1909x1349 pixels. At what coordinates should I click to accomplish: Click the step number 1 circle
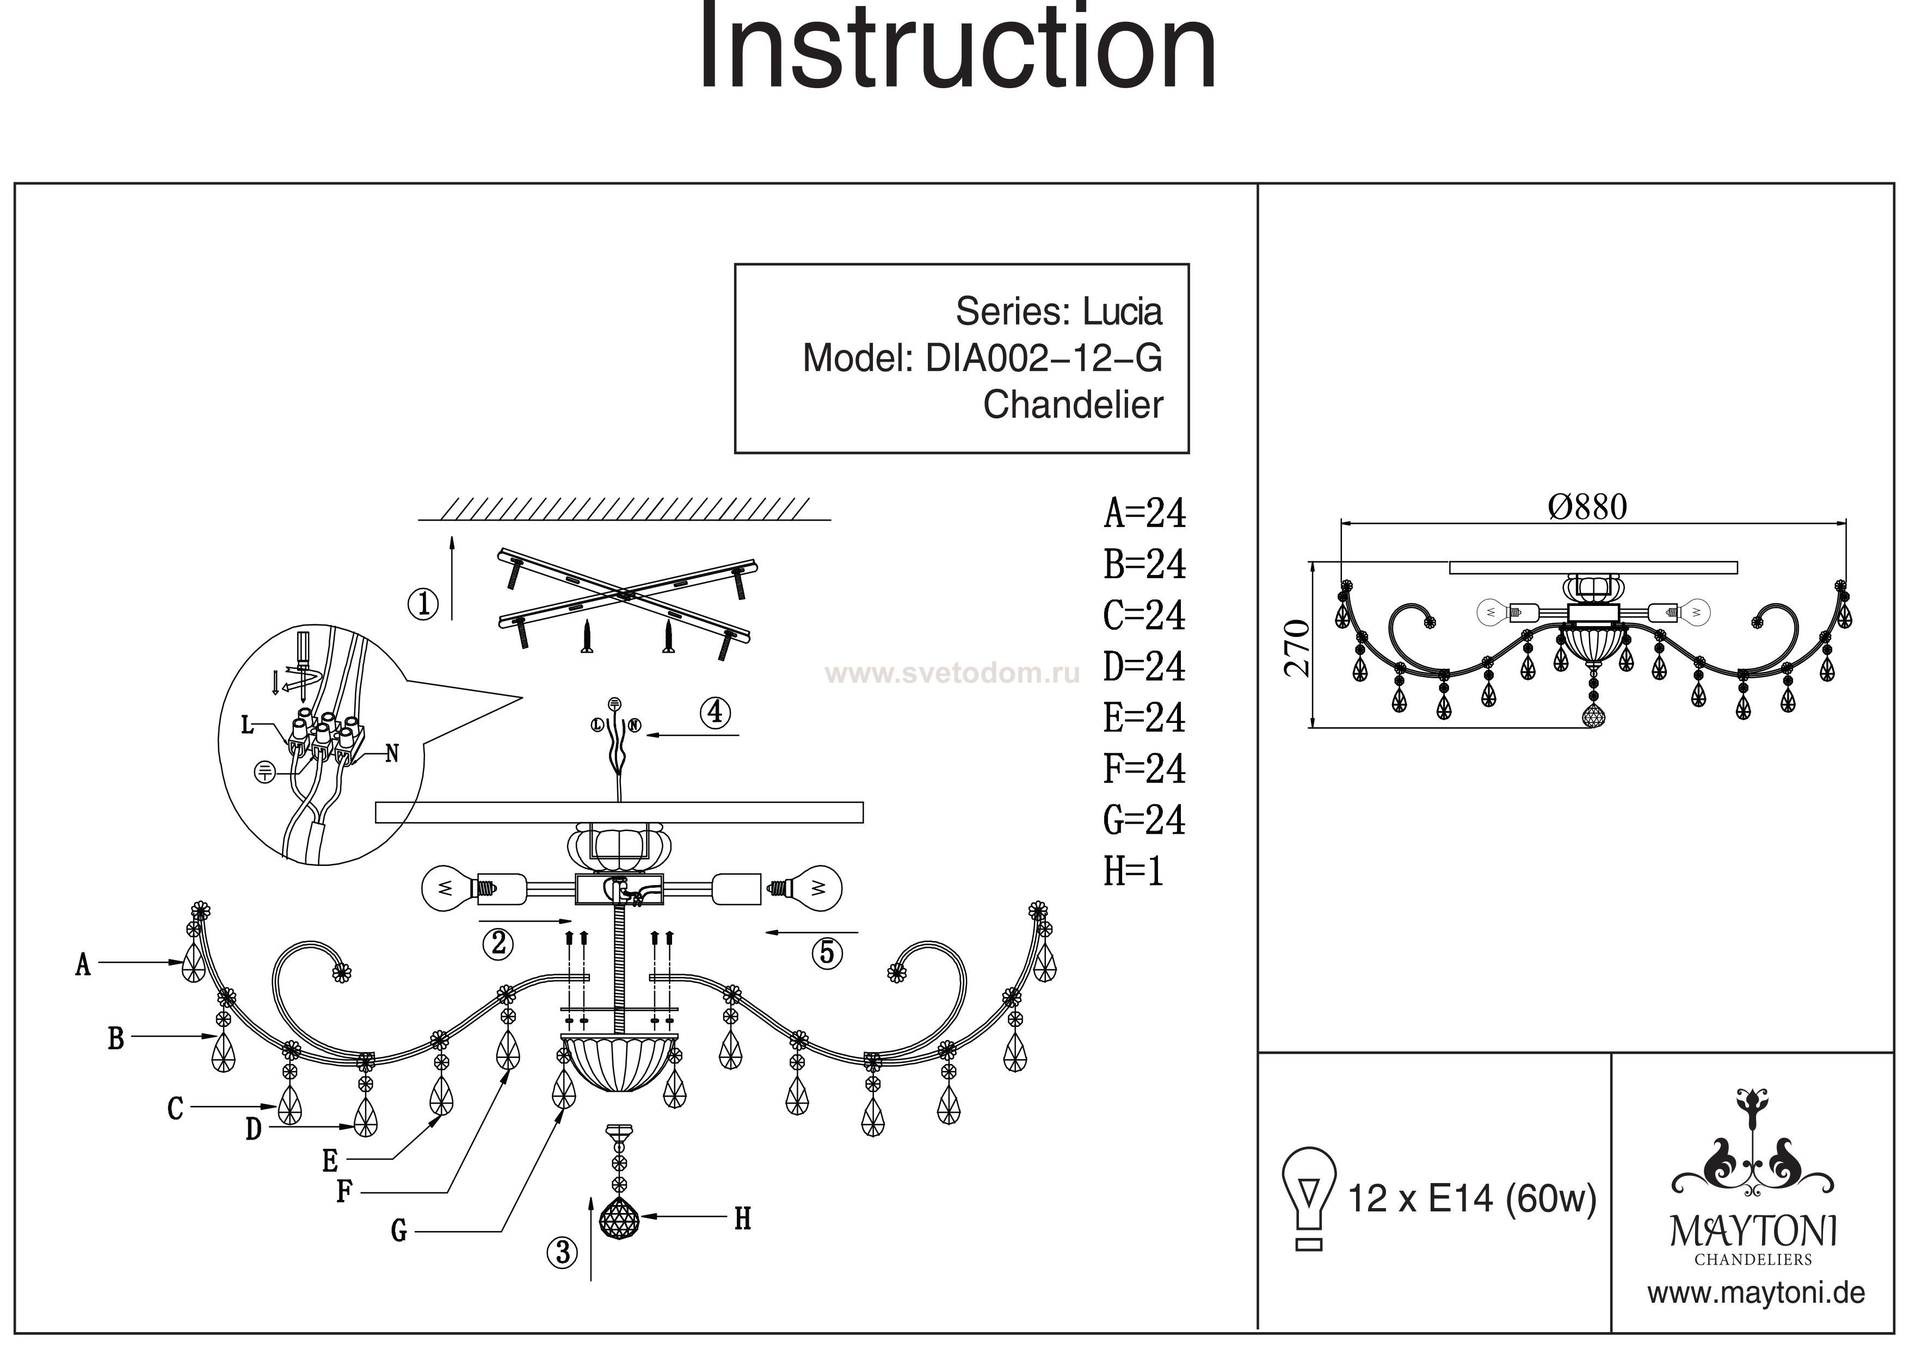pos(423,603)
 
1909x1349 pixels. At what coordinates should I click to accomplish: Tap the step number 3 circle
pos(563,1252)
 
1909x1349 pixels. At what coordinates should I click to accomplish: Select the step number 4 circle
pos(716,713)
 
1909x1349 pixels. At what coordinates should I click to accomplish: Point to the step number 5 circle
pos(827,952)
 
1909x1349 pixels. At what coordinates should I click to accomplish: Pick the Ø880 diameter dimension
pos(1587,507)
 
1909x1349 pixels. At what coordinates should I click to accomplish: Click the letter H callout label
pos(742,1220)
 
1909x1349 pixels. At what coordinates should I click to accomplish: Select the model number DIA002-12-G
pos(1043,359)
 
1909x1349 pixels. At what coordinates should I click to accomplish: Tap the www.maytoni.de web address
pos(1756,1294)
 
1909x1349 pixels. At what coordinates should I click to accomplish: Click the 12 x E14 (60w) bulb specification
pos(1471,1198)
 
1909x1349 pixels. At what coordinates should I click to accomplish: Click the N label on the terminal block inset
pos(392,754)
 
